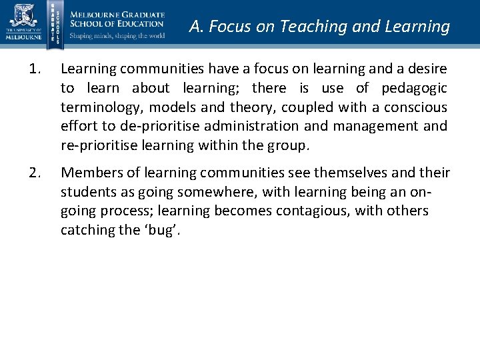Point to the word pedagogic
[x=414, y=88]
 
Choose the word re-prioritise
[x=101, y=145]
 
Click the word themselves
[x=349, y=173]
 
